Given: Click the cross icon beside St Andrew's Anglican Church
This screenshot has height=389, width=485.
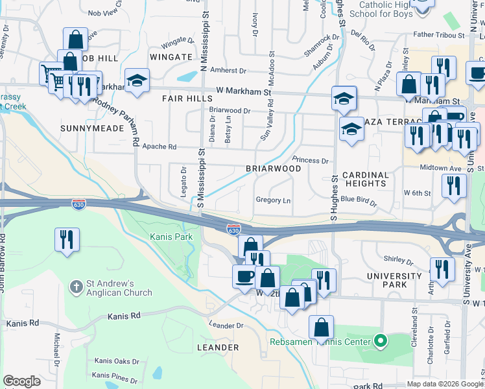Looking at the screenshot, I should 77,285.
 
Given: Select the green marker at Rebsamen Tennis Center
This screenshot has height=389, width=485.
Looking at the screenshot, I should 381,340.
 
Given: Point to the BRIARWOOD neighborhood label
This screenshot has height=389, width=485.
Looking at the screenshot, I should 273,169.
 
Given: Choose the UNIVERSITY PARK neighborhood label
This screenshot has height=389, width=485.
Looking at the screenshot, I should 395,279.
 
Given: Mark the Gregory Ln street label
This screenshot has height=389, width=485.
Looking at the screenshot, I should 273,200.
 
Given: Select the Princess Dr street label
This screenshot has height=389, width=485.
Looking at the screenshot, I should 311,159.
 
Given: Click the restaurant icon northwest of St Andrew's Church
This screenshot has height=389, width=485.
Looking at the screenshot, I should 67,239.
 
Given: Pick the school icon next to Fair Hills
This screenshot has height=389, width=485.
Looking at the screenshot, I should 137,80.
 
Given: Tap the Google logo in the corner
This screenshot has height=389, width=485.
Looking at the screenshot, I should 21,381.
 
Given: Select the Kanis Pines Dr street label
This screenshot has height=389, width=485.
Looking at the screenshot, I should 115,377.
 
